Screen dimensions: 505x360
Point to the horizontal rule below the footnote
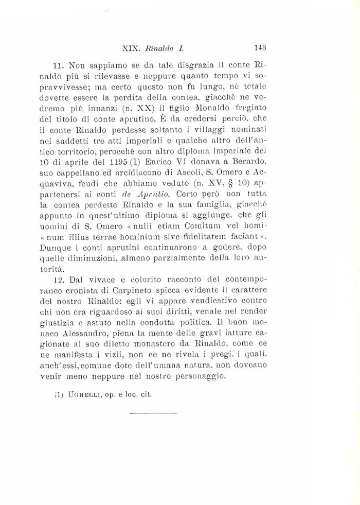153,413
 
